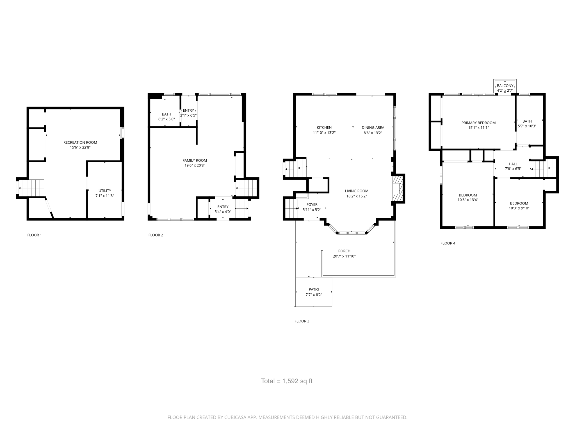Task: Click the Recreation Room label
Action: pyautogui.click(x=80, y=142)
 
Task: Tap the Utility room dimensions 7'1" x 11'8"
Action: pyautogui.click(x=105, y=196)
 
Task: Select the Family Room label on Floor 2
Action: pyautogui.click(x=195, y=160)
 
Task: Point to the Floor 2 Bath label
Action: pyautogui.click(x=166, y=114)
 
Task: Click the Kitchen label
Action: pyautogui.click(x=324, y=127)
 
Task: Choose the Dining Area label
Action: pyautogui.click(x=373, y=127)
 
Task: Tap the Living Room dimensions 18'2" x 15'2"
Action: pyautogui.click(x=357, y=196)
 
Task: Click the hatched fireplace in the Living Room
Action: pyautogui.click(x=397, y=188)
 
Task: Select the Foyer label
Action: pyautogui.click(x=312, y=204)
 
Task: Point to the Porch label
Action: pyautogui.click(x=344, y=251)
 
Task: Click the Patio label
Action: pyautogui.click(x=314, y=289)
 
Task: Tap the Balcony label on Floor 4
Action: pyautogui.click(x=505, y=86)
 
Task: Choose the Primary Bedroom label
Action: pyautogui.click(x=478, y=123)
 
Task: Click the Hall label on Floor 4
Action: pyautogui.click(x=513, y=164)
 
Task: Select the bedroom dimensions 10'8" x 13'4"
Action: pyautogui.click(x=468, y=200)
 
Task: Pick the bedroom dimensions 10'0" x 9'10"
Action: pyautogui.click(x=519, y=208)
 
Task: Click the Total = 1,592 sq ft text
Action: pyautogui.click(x=287, y=381)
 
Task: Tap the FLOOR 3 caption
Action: pyautogui.click(x=302, y=321)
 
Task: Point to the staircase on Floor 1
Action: pyautogui.click(x=31, y=188)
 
